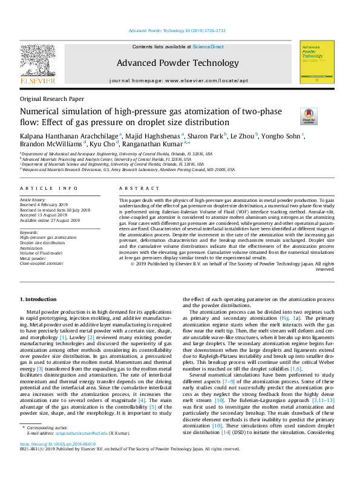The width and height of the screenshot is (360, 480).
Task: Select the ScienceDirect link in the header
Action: click(x=208, y=47)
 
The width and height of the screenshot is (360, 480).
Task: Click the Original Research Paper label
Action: click(x=51, y=99)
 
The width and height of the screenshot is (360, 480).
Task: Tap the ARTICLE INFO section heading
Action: click(x=49, y=189)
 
